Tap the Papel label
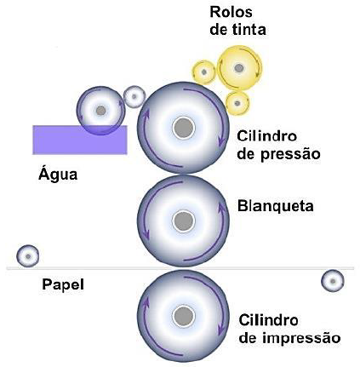pyautogui.click(x=62, y=284)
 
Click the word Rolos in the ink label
pyautogui.click(x=232, y=14)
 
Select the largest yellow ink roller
pyautogui.click(x=238, y=67)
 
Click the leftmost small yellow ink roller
pyautogui.click(x=203, y=72)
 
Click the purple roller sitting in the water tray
pyautogui.click(x=100, y=110)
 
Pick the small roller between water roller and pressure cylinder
pyautogui.click(x=134, y=96)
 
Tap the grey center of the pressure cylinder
pyautogui.click(x=181, y=128)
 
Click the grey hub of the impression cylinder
pyautogui.click(x=181, y=316)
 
